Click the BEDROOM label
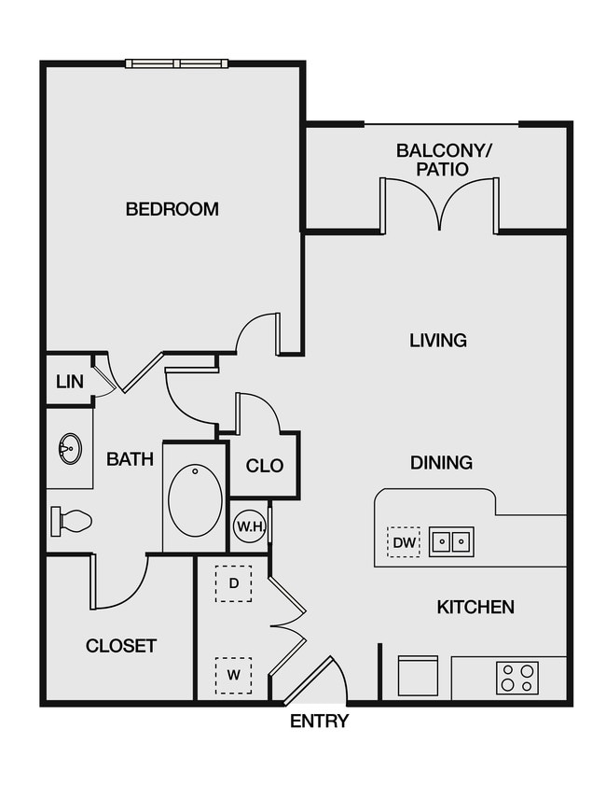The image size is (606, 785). [172, 209]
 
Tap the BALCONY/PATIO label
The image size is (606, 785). [432, 160]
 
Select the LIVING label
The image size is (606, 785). [438, 341]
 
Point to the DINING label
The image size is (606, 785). [441, 463]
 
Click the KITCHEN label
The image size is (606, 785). [475, 608]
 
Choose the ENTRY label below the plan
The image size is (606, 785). [319, 722]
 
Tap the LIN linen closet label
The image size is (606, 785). [69, 382]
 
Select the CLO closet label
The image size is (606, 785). [265, 466]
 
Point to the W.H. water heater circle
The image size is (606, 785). [250, 527]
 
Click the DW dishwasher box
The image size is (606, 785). [404, 541]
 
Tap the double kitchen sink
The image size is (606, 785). [451, 541]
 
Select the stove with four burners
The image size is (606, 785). [516, 677]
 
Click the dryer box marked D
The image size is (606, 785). [234, 583]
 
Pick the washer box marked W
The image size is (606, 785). [234, 674]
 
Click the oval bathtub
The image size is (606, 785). [196, 499]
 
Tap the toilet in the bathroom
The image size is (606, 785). [72, 520]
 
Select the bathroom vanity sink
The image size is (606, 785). [69, 450]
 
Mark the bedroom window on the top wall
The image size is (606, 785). [177, 63]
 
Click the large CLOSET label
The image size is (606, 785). [121, 646]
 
